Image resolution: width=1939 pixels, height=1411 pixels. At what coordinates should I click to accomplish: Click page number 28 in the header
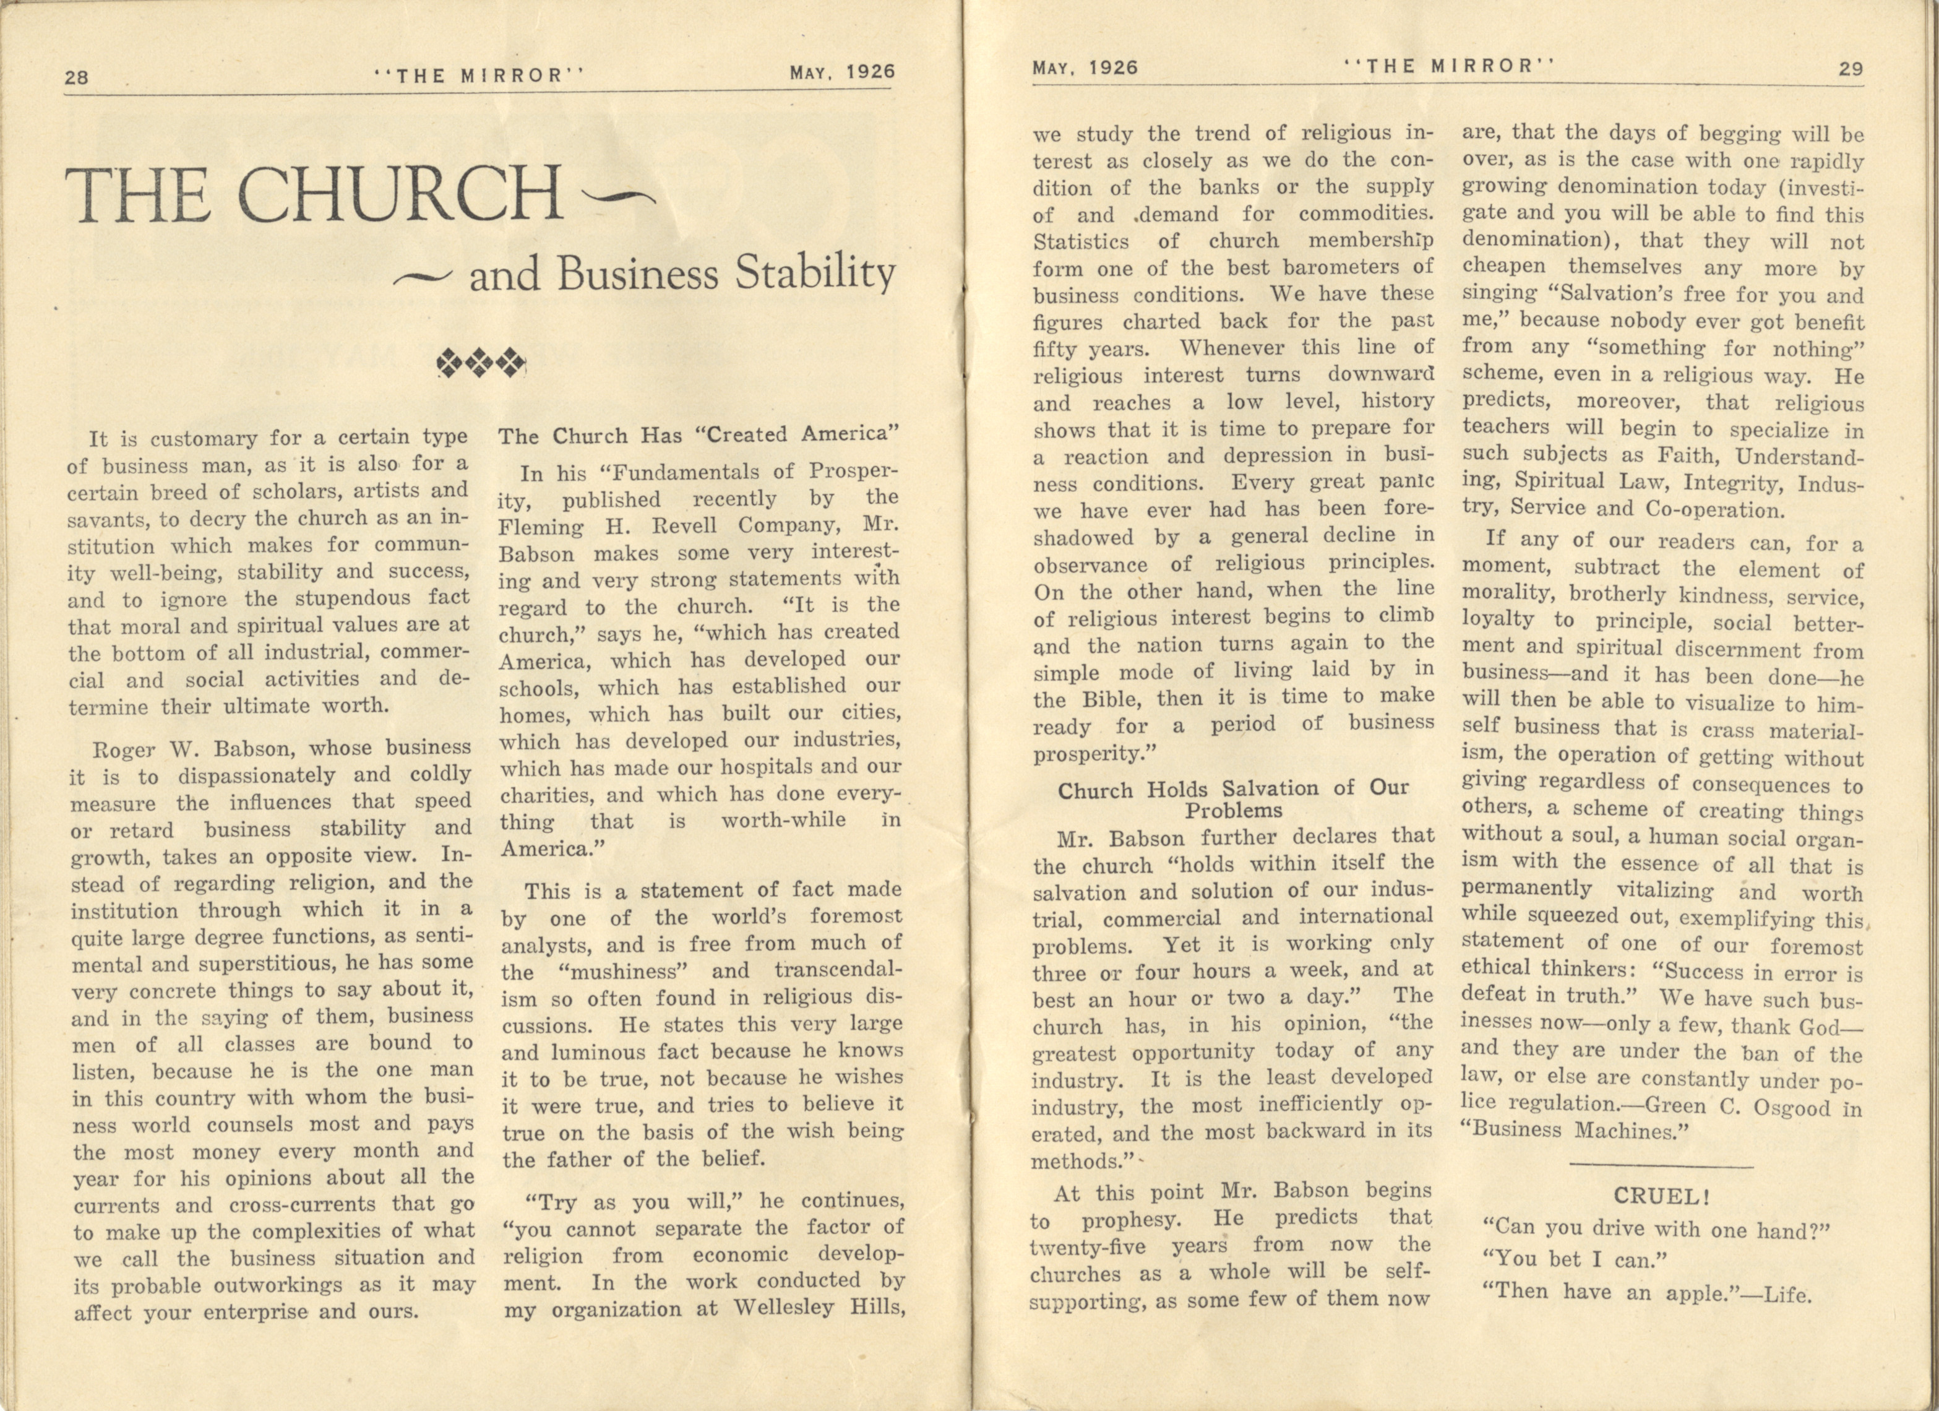(76, 77)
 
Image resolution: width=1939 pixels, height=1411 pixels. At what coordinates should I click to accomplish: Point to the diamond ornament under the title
(481, 363)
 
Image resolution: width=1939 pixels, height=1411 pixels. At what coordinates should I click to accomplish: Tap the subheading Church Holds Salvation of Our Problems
(1233, 799)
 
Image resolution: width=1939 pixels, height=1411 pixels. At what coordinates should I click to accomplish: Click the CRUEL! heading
(1661, 1196)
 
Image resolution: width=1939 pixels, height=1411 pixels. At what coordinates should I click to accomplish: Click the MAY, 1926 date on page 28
(842, 72)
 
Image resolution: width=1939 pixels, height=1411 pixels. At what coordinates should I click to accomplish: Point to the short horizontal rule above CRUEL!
(1661, 1165)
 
